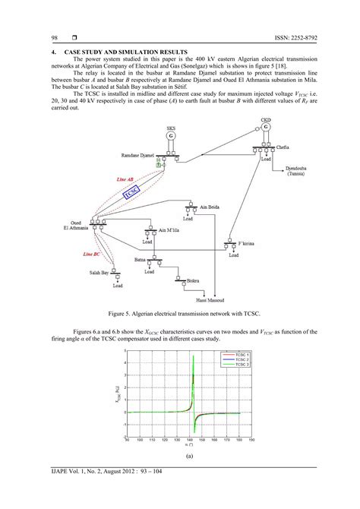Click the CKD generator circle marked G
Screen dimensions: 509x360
coord(266,127)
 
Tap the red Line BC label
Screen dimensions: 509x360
coord(93,254)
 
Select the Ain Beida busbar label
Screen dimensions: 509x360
coord(212,206)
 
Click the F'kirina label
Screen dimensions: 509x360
coord(250,244)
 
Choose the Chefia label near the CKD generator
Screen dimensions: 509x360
coord(282,147)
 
